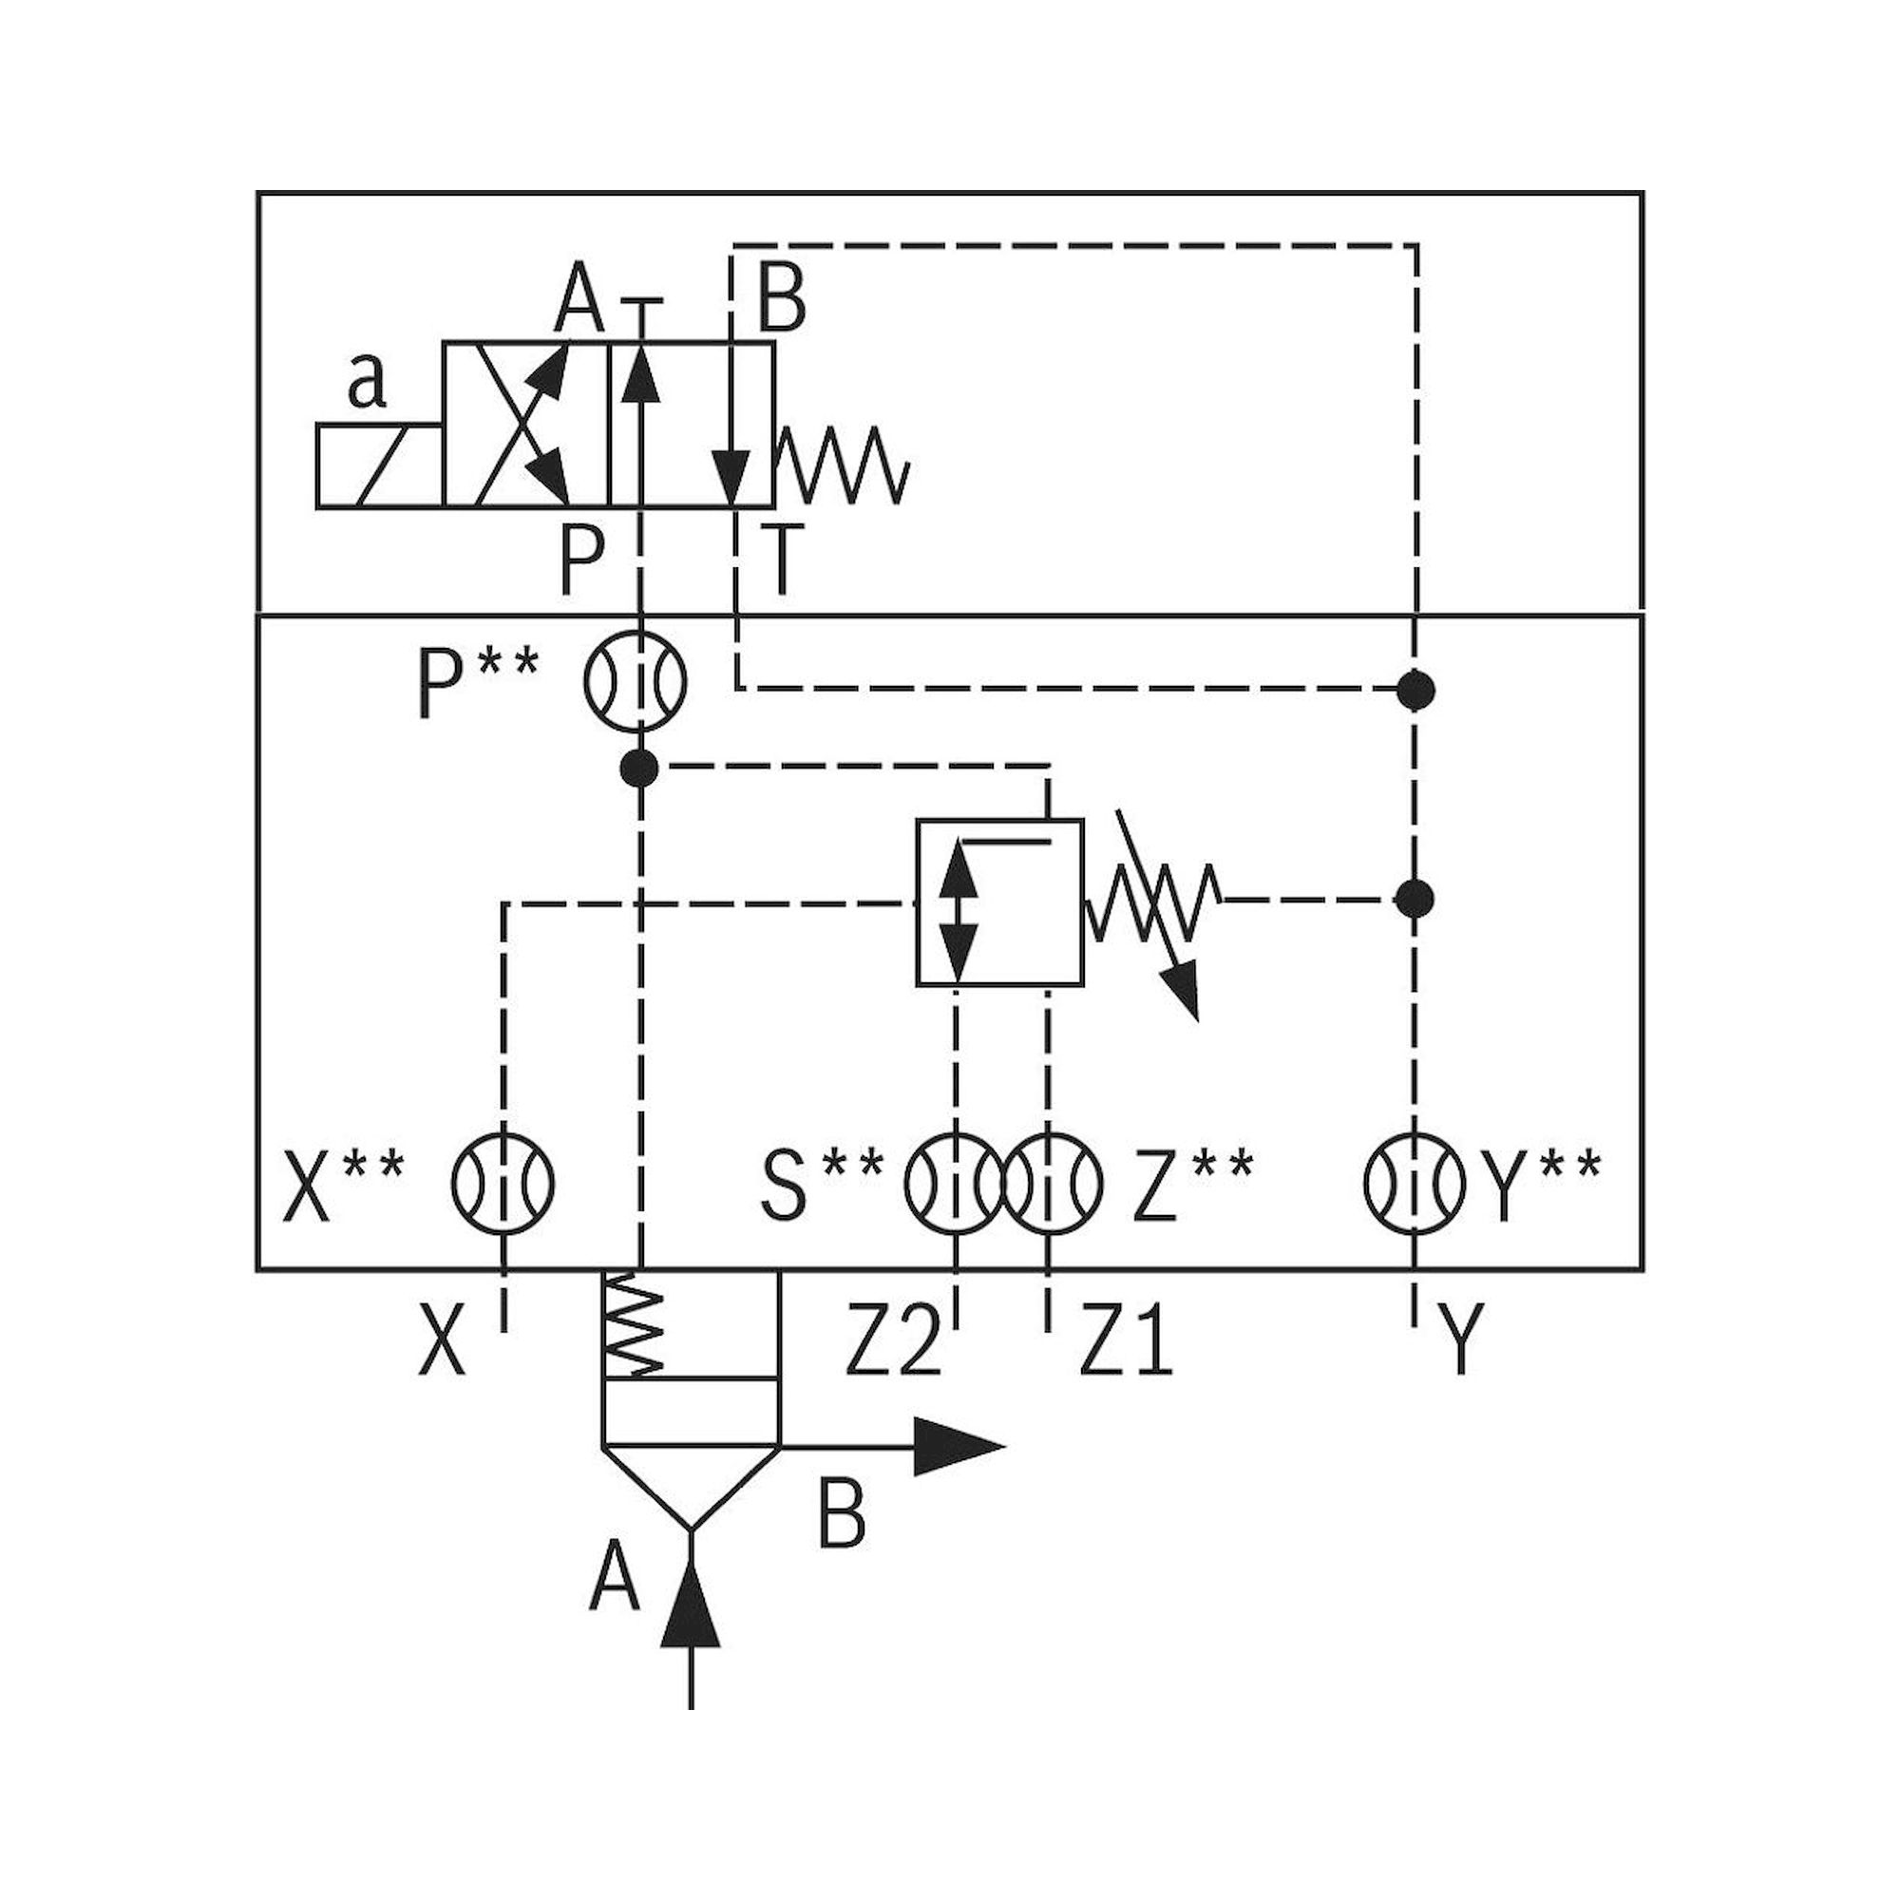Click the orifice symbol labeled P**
coord(636,680)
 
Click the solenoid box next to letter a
coord(380,466)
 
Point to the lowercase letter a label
coord(367,383)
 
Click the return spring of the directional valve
coord(843,465)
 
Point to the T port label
coord(782,560)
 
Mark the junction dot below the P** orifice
coord(640,767)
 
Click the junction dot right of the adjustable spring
coord(1415,898)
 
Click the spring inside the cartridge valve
coord(635,1326)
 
